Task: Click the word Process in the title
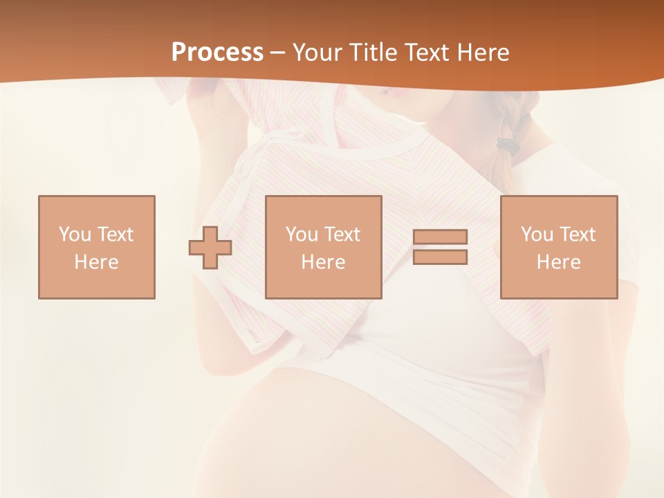click(217, 53)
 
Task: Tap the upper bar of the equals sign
click(440, 237)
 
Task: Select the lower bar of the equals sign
click(440, 257)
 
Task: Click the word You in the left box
click(75, 234)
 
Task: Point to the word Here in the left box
click(96, 262)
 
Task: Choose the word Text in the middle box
click(342, 234)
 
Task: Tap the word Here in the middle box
click(323, 262)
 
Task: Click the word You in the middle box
click(302, 234)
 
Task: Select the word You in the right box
click(537, 234)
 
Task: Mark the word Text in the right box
click(578, 234)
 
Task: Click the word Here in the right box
click(558, 262)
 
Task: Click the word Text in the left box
click(116, 234)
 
